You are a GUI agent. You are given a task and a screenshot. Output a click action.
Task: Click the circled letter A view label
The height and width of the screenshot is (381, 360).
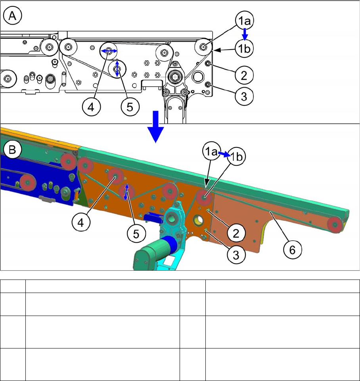[x=12, y=16]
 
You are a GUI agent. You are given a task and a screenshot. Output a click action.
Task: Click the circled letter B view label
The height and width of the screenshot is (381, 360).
[x=12, y=149]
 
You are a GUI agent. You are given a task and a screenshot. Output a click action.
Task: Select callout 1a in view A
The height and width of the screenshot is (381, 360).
[x=244, y=20]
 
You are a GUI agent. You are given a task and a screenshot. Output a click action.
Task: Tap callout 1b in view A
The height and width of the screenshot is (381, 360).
[x=244, y=49]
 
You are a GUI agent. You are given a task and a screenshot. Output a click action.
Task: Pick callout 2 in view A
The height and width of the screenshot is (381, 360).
[x=244, y=75]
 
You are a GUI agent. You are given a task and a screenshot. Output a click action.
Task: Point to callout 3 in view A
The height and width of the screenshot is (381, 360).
[x=244, y=96]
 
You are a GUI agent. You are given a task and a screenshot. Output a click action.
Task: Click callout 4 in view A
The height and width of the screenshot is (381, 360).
[x=91, y=107]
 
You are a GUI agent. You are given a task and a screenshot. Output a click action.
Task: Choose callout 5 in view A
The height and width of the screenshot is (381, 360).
[x=130, y=107]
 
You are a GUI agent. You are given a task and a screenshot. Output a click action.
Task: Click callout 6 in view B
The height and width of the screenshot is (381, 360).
[x=293, y=250]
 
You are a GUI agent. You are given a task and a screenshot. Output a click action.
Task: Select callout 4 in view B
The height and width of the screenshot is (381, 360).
[x=81, y=222]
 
